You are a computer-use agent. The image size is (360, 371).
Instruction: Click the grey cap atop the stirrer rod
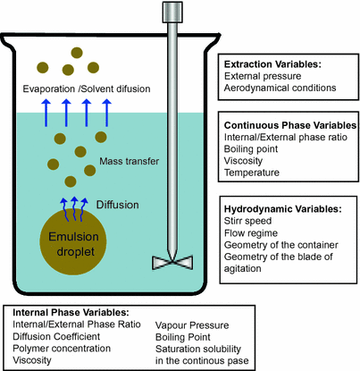170,12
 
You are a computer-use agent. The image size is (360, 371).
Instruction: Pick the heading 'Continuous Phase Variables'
289,127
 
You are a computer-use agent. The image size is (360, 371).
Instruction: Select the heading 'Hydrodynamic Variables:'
282,208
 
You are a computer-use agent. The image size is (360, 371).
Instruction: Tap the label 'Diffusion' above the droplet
118,205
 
